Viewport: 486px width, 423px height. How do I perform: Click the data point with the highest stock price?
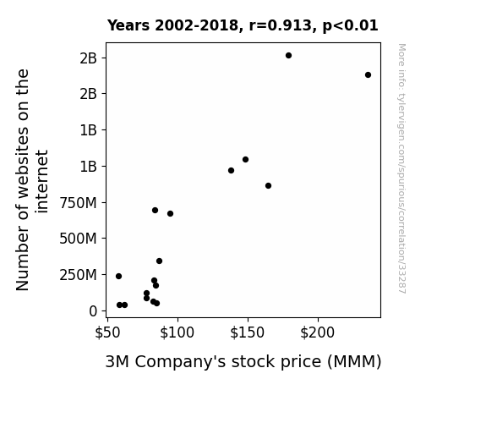click(368, 74)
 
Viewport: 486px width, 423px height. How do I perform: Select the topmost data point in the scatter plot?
click(288, 56)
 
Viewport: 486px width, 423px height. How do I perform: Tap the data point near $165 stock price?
click(269, 185)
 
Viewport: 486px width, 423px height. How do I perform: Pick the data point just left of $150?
click(245, 160)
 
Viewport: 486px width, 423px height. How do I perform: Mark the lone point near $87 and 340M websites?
click(159, 261)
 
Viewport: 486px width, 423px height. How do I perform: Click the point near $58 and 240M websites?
click(118, 276)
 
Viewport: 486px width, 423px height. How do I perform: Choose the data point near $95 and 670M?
click(170, 213)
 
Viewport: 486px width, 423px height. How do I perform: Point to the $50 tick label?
click(107, 332)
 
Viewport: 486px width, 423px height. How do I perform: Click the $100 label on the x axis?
click(177, 332)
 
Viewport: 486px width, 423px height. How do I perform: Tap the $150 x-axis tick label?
click(248, 332)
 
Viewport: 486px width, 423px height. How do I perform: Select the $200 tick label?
click(318, 332)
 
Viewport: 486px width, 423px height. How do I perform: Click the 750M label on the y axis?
click(78, 203)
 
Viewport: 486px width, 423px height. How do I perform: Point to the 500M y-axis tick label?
click(78, 239)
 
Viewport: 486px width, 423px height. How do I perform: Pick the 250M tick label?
click(78, 275)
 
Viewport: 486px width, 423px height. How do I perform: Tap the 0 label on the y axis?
click(93, 311)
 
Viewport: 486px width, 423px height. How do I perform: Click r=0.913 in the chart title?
click(281, 25)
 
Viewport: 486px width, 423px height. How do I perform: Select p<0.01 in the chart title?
click(350, 25)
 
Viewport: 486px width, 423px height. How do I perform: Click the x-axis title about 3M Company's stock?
click(243, 362)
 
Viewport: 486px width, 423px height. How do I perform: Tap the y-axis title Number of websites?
click(32, 180)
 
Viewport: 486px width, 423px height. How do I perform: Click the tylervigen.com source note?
click(401, 168)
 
